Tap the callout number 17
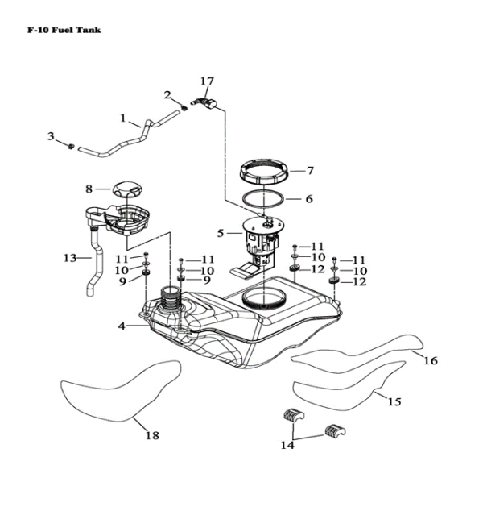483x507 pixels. point(207,81)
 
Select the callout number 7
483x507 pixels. point(309,171)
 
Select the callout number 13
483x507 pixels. point(70,258)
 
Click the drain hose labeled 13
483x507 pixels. point(95,266)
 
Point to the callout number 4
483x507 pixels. point(122,326)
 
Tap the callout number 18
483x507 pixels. point(151,436)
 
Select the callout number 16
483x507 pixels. point(431,360)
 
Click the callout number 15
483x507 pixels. point(394,401)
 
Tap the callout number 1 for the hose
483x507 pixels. point(125,118)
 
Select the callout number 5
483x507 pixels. point(220,234)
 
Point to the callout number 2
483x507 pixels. point(167,96)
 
